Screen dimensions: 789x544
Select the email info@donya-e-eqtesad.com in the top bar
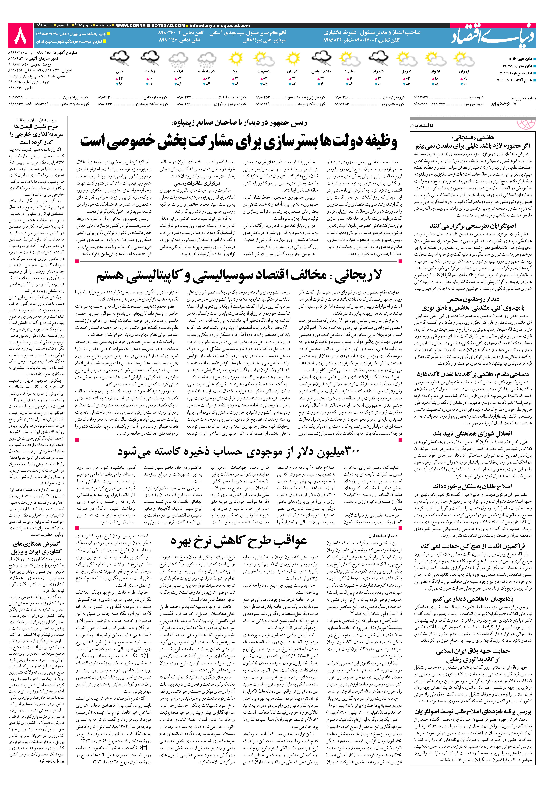220,26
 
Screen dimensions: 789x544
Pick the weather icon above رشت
150,59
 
